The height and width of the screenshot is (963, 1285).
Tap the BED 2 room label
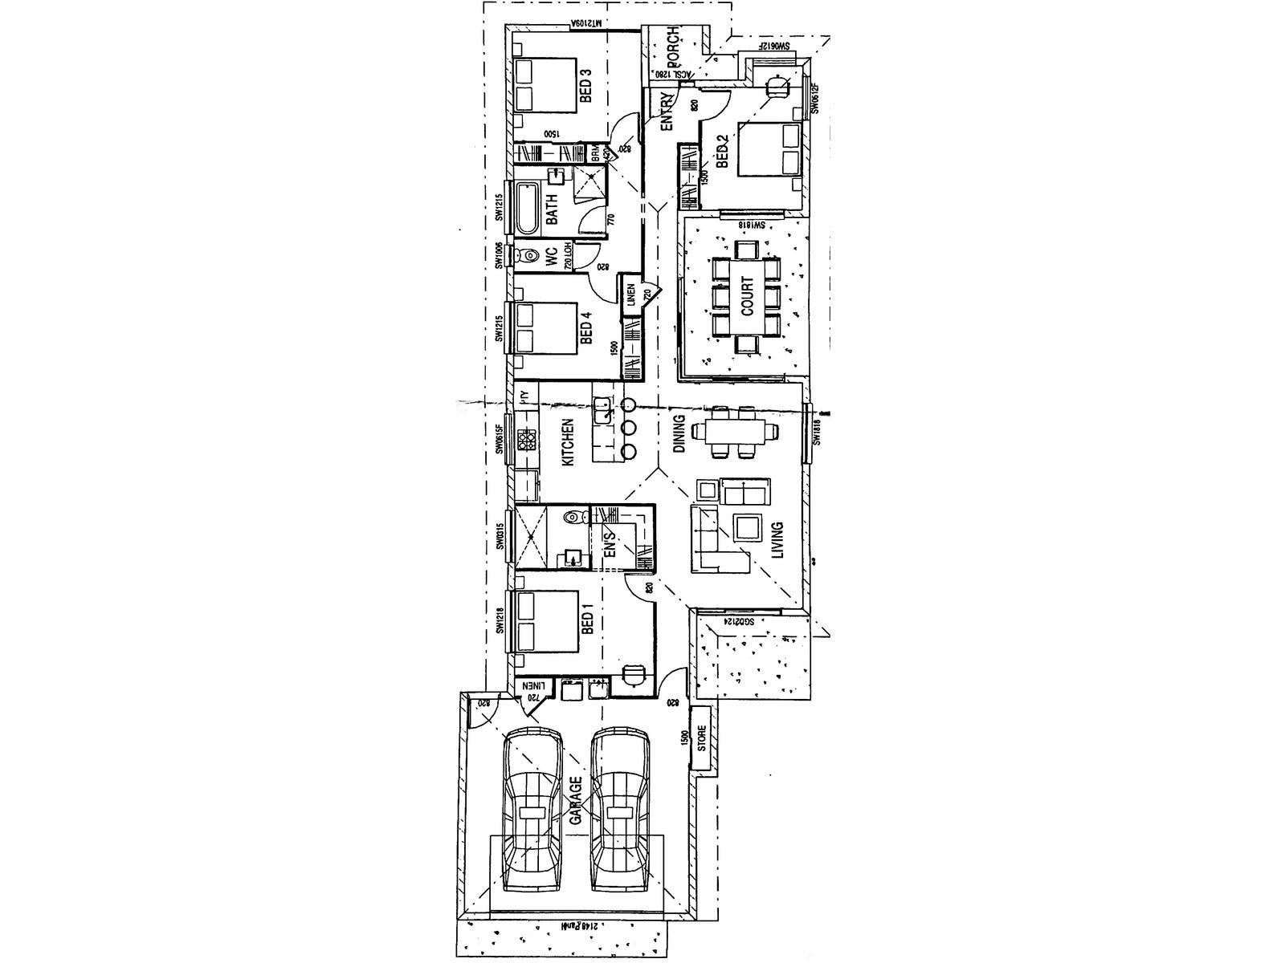coord(721,151)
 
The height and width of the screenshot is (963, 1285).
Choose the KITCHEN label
coord(567,442)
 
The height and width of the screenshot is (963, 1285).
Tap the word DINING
coord(679,434)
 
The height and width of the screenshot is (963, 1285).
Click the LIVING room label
coord(777,542)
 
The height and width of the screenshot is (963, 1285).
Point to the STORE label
coord(701,738)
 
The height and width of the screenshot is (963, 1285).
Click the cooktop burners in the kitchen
coord(526,440)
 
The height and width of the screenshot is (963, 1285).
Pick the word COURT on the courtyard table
coord(747,298)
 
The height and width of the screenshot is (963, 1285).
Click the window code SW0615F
coord(499,439)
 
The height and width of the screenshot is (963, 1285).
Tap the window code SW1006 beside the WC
coord(499,256)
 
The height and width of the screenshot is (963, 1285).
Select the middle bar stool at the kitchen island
coord(629,427)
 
